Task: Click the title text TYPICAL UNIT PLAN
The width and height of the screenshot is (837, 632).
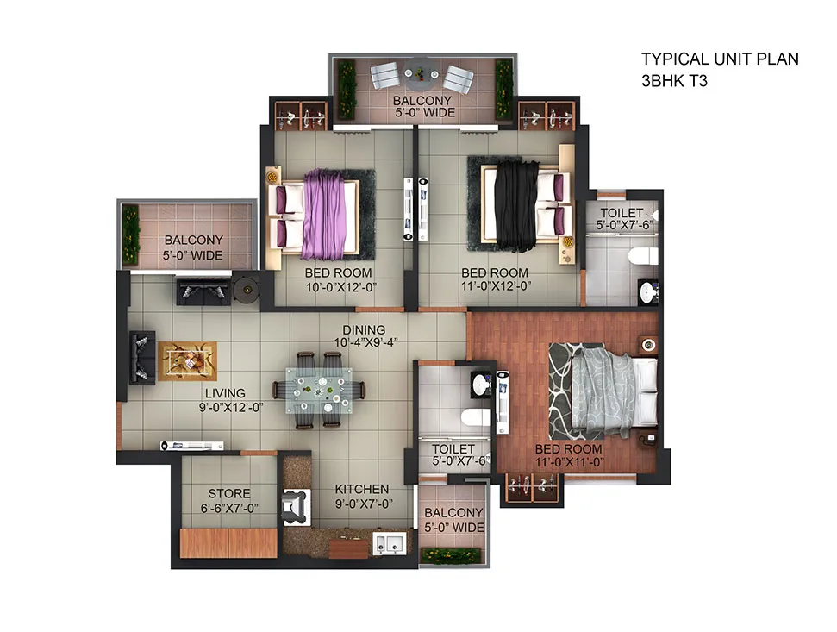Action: [x=720, y=59]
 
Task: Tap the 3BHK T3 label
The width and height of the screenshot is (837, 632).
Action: [x=674, y=81]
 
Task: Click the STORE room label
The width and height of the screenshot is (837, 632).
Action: [x=229, y=494]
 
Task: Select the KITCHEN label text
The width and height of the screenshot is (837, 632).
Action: [x=362, y=489]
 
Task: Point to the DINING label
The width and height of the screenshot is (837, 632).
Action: [x=364, y=330]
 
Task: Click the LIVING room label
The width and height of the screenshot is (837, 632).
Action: [x=225, y=393]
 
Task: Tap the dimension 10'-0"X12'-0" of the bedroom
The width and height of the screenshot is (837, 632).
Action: [x=341, y=287]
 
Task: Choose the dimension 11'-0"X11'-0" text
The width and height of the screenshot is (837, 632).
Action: [x=569, y=462]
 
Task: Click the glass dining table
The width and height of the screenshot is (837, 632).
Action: [x=319, y=391]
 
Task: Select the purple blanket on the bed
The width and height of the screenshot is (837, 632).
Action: [x=323, y=214]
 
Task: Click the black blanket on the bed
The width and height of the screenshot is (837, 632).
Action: [x=516, y=205]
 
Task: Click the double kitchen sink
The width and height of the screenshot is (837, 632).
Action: [x=389, y=543]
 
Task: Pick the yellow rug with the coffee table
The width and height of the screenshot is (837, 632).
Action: [x=187, y=361]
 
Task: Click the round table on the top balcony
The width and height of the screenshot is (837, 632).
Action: [x=422, y=75]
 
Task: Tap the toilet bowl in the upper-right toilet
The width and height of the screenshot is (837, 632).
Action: [x=642, y=256]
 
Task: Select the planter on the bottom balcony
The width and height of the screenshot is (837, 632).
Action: [x=451, y=555]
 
